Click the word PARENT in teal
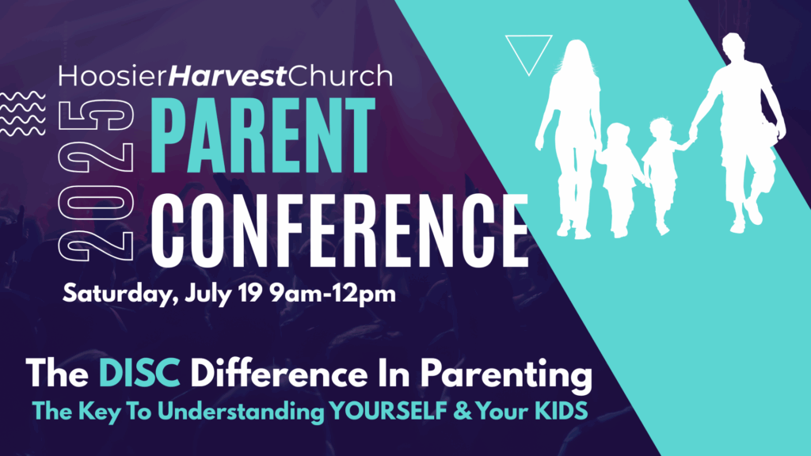pyautogui.click(x=263, y=135)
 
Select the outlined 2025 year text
pyautogui.click(x=96, y=180)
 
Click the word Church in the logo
pyautogui.click(x=340, y=76)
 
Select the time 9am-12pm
pyautogui.click(x=333, y=293)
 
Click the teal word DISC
pyautogui.click(x=139, y=374)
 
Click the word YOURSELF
pyautogui.click(x=388, y=411)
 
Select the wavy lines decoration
pyautogui.click(x=23, y=114)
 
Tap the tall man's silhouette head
pyautogui.click(x=733, y=47)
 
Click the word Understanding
pyautogui.click(x=241, y=412)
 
